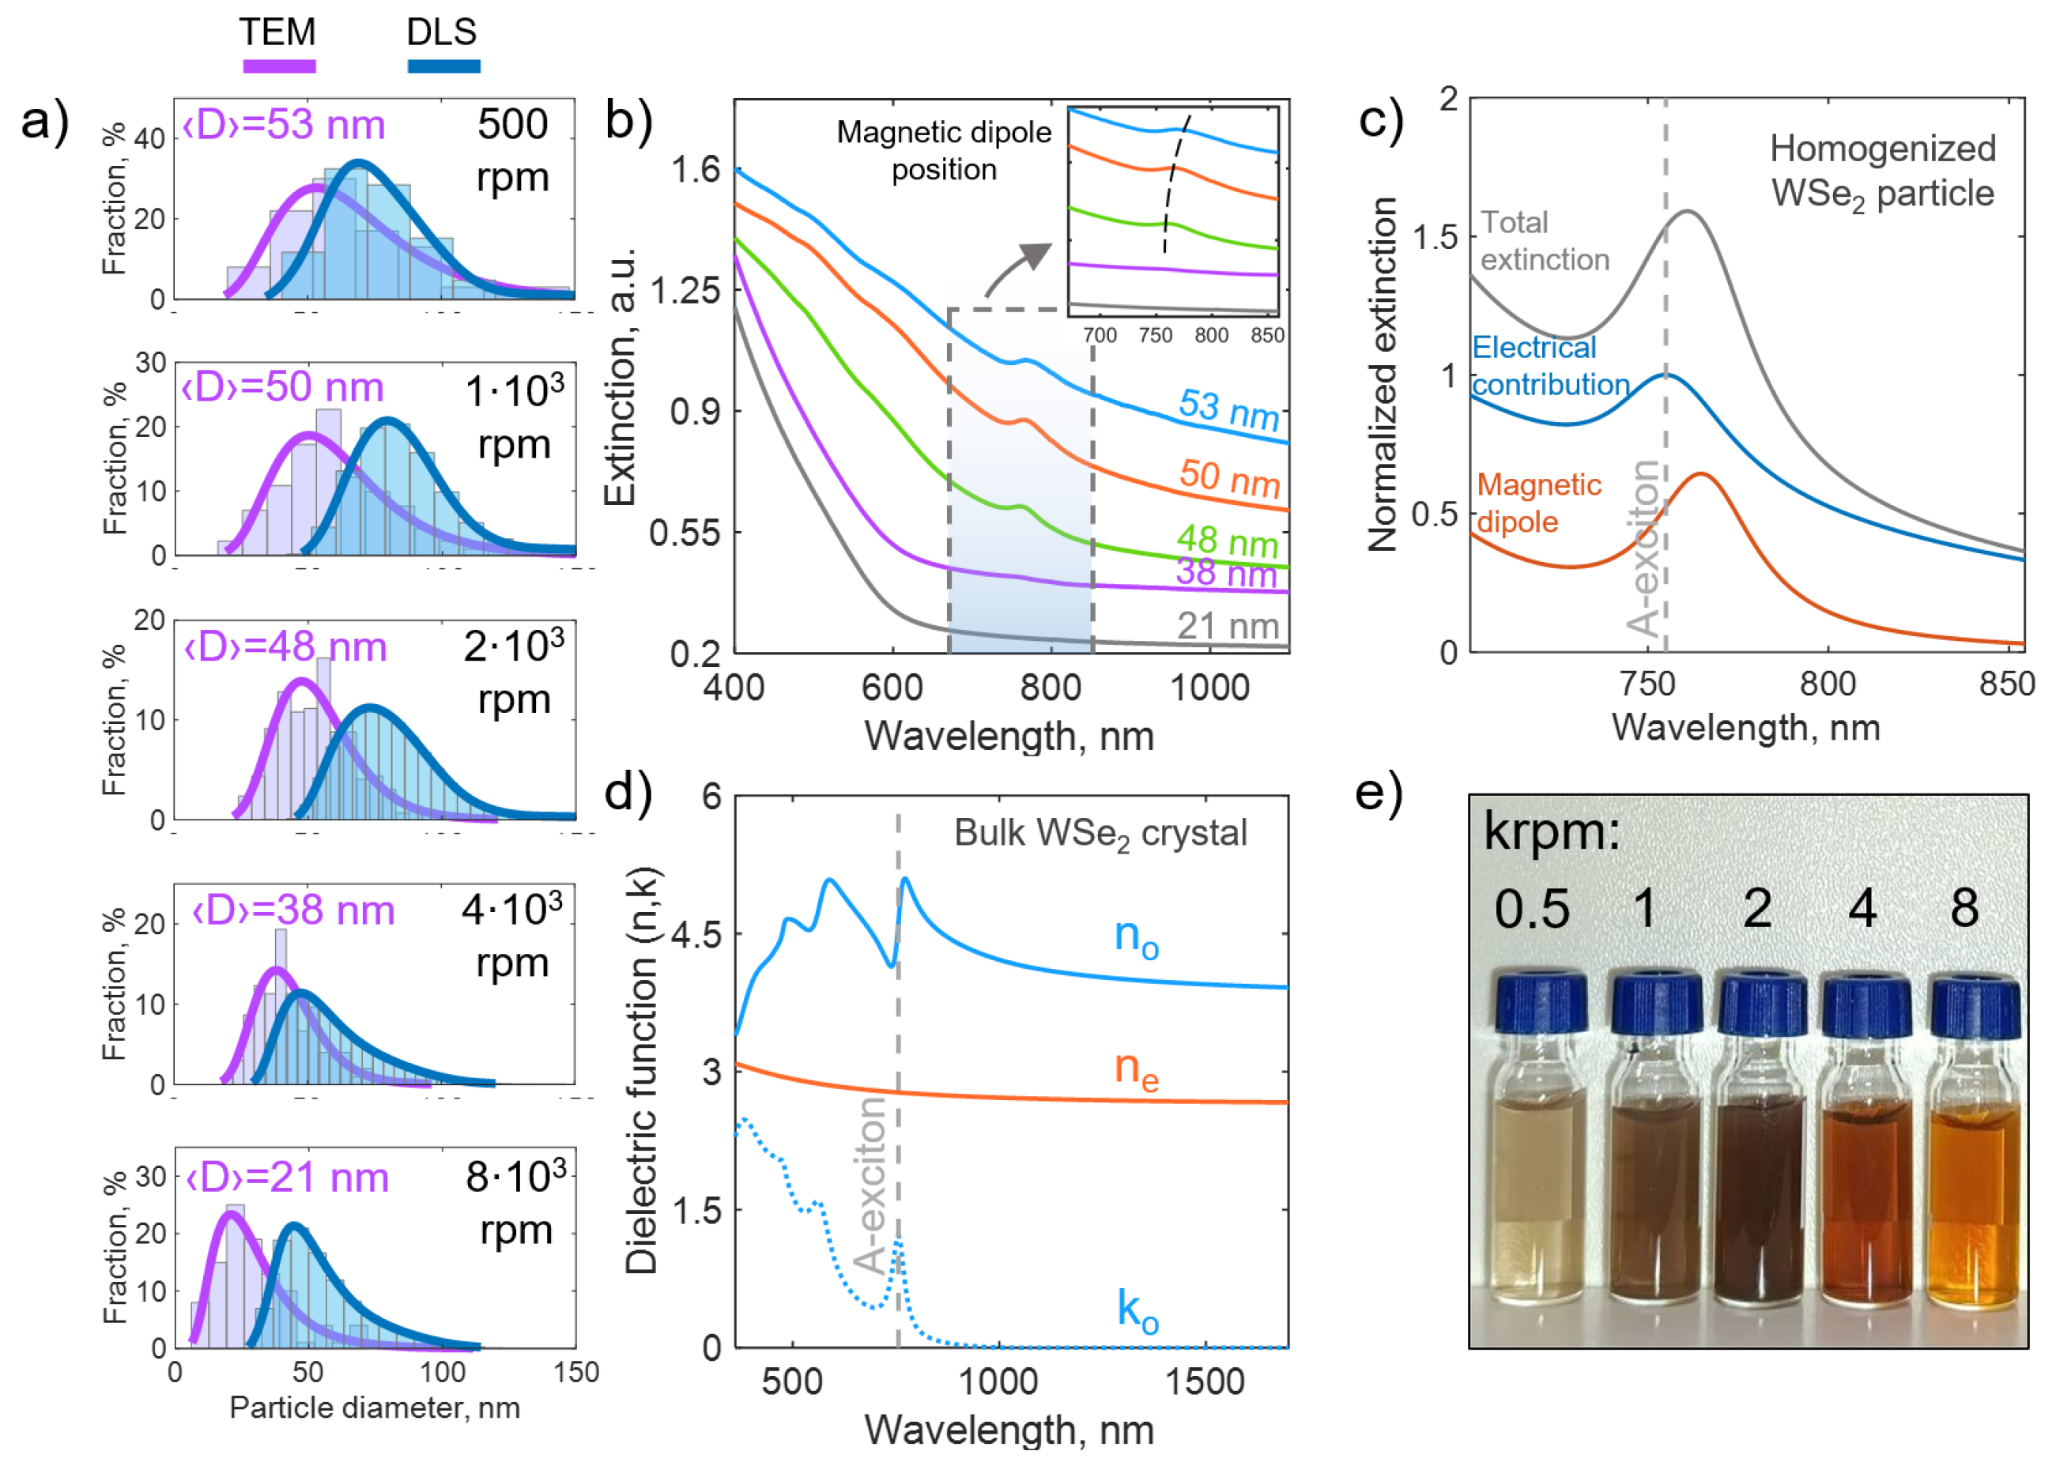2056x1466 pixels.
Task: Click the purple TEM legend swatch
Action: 279,66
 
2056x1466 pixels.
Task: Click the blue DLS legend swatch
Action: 443,66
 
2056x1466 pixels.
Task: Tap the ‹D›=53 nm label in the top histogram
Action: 284,125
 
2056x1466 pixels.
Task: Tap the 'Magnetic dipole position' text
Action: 944,151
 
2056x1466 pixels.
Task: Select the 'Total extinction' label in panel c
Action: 1544,241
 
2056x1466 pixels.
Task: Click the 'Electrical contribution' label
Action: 1549,366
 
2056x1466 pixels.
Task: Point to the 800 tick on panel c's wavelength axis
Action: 1827,684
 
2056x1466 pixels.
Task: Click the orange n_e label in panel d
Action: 1136,1070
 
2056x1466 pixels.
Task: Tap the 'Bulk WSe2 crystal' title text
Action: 1100,834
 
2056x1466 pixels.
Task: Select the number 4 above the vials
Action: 1862,908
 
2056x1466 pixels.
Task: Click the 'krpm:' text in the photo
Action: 1551,831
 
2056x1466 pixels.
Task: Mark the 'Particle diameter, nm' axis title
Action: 375,1408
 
